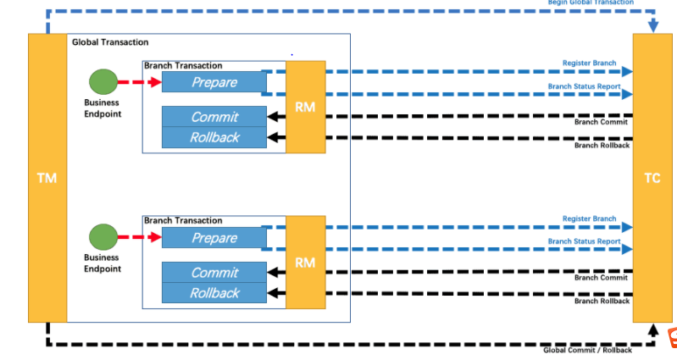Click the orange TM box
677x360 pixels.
pos(47,178)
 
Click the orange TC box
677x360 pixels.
pos(652,178)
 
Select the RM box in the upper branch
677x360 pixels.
pos(305,107)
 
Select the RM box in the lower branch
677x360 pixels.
pos(305,263)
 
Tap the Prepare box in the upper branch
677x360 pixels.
pos(214,82)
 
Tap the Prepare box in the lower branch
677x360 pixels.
pos(214,238)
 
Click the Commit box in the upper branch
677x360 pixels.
pos(214,117)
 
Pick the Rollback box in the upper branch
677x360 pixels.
pos(214,137)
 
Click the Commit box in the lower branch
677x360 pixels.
pos(214,273)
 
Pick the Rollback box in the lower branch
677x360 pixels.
pos(214,293)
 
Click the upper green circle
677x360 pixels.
pos(103,82)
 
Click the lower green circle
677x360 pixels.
pos(103,237)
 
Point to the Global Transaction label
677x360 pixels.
pos(110,42)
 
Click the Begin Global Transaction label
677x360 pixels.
pos(591,3)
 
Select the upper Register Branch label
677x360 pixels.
pos(589,64)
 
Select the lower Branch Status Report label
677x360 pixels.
pos(584,241)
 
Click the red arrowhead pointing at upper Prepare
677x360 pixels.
pos(155,82)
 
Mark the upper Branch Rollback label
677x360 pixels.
pos(602,145)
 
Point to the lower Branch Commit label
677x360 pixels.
pos(601,277)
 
